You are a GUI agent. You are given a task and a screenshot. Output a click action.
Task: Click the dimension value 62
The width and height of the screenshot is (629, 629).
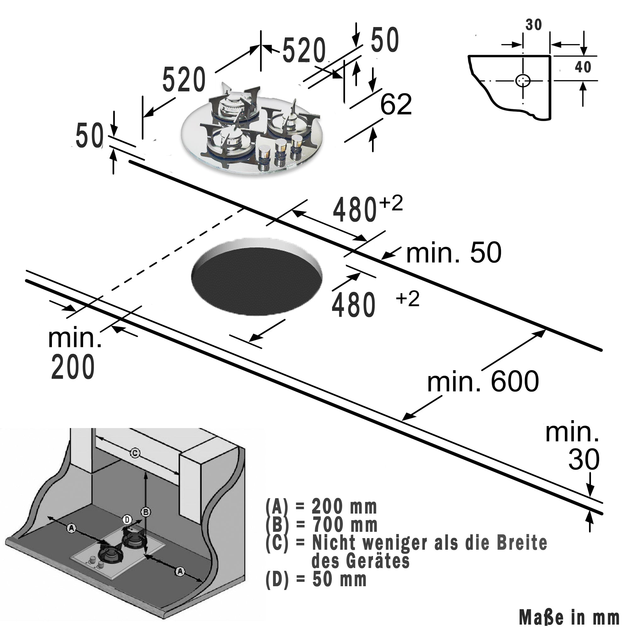tap(396, 104)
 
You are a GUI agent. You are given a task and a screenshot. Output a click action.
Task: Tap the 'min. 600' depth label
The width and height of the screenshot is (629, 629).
tap(483, 381)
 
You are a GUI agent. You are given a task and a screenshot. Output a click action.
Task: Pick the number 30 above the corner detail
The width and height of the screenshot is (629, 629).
tap(534, 25)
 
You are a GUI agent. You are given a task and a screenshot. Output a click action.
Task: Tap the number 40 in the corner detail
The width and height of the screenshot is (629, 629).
tap(583, 67)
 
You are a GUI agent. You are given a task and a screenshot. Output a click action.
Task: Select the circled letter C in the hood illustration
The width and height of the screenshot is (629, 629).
tap(135, 453)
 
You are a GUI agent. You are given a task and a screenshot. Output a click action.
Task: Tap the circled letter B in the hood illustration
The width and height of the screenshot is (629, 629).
tap(146, 512)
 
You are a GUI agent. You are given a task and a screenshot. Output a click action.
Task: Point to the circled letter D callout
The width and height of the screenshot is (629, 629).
tap(127, 520)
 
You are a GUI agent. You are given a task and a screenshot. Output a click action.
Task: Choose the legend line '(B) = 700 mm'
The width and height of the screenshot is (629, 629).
tap(321, 525)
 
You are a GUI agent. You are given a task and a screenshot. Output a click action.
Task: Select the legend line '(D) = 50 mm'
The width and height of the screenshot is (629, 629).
tap(316, 580)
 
